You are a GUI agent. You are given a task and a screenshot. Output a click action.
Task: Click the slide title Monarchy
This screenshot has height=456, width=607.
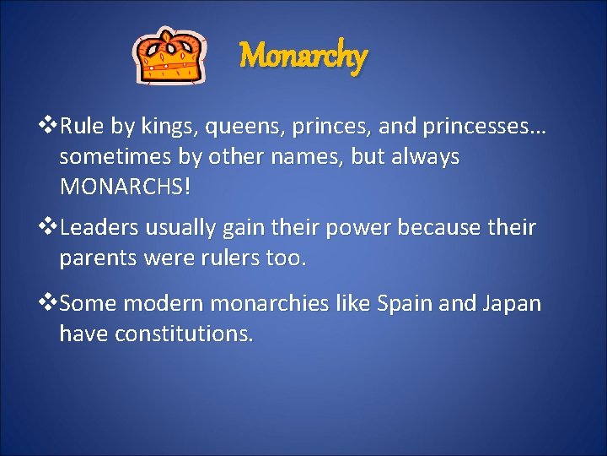tap(303, 57)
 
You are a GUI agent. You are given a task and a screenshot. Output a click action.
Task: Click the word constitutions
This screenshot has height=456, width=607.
tap(184, 334)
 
